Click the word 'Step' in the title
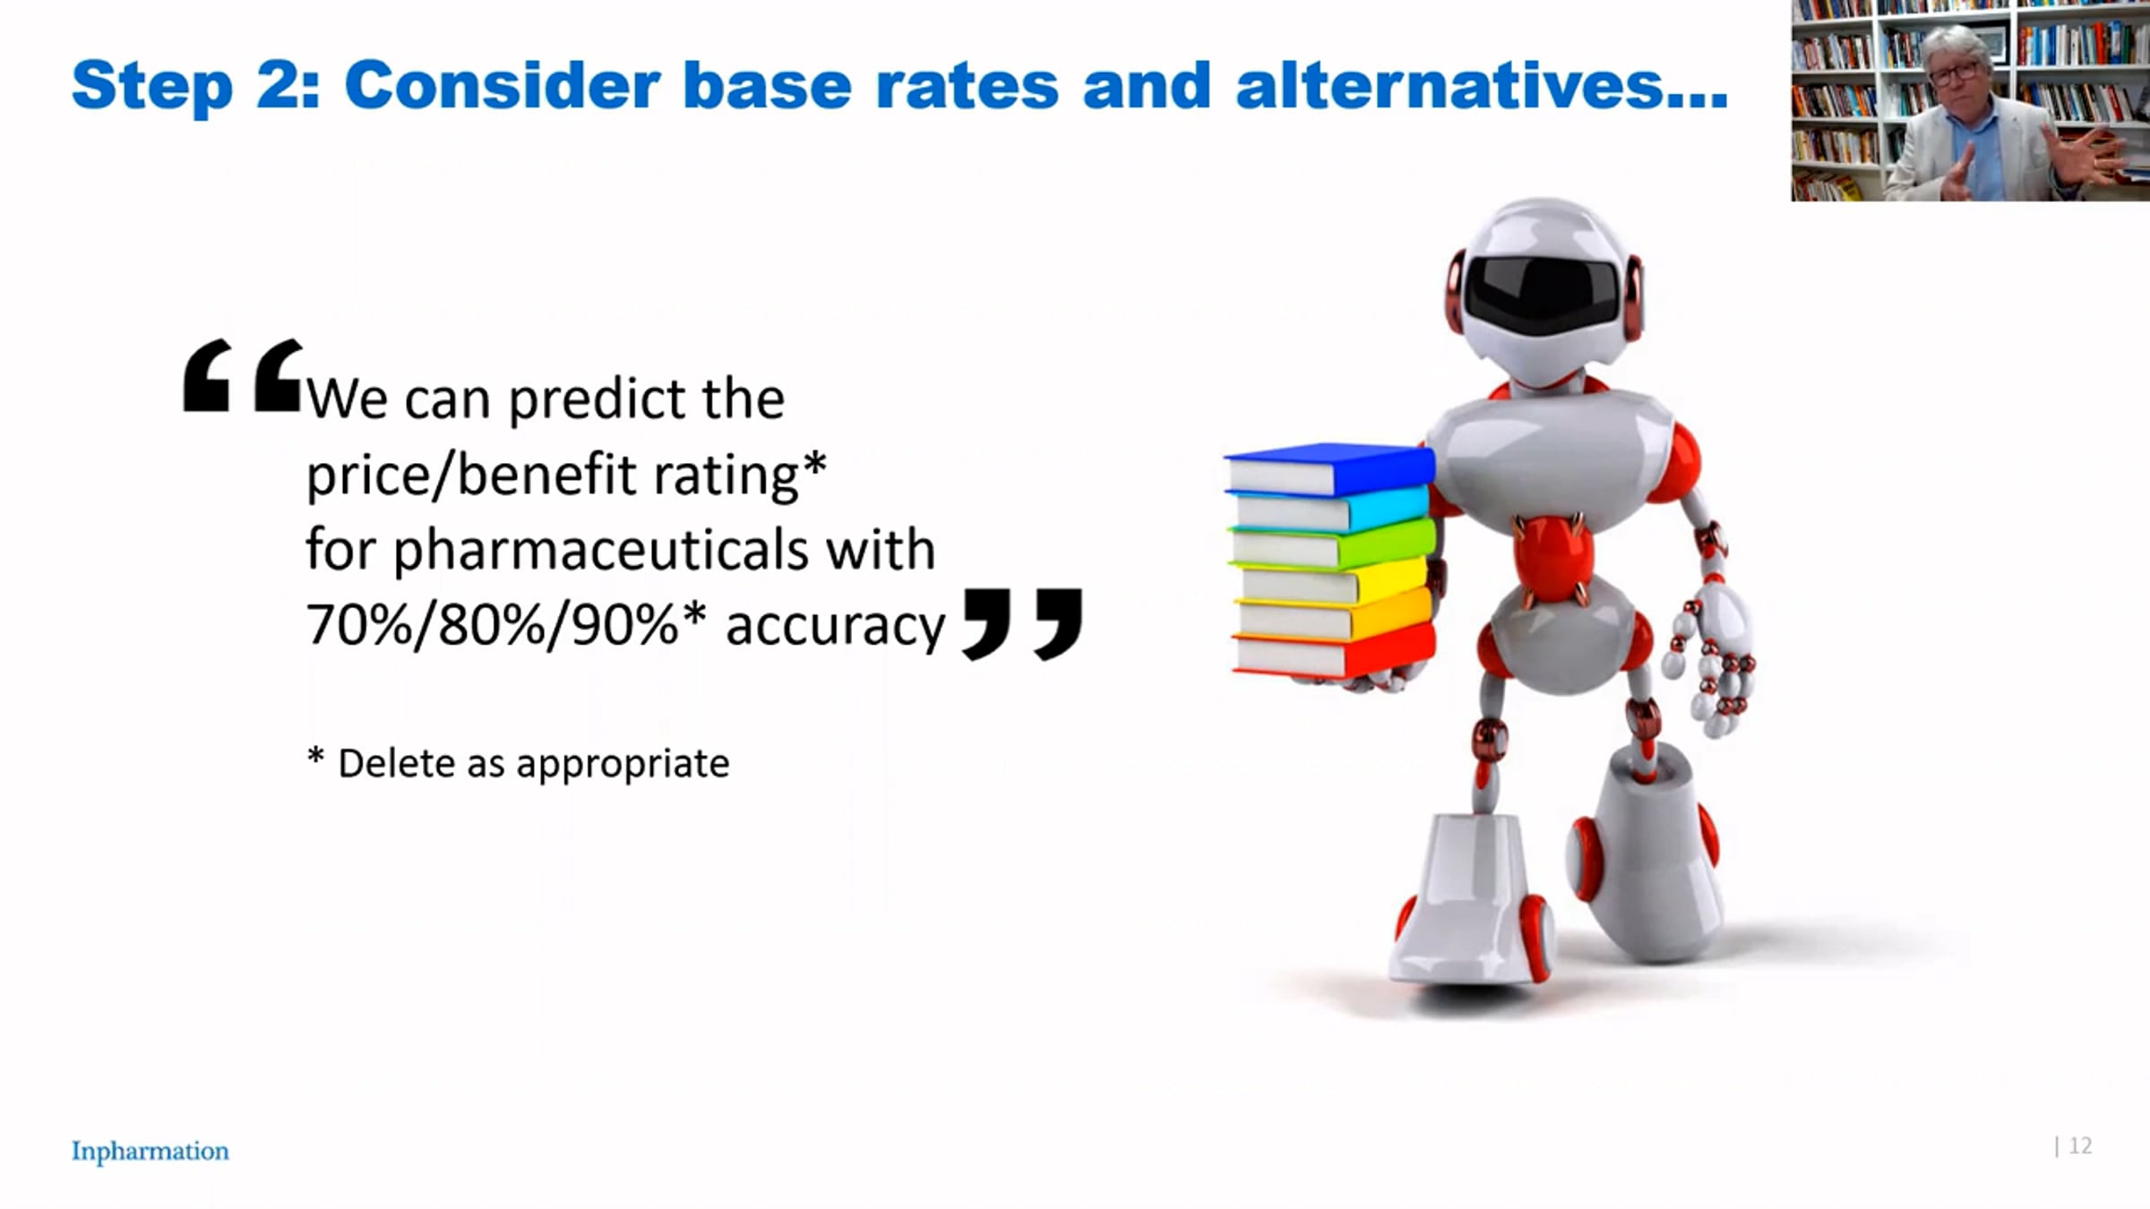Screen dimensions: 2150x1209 point(152,87)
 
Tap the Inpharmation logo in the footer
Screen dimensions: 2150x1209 point(150,1151)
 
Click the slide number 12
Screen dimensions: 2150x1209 point(2081,1145)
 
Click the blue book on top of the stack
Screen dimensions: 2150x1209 point(1330,469)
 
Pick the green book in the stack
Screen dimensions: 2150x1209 point(1333,544)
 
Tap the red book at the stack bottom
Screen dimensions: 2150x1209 point(1334,652)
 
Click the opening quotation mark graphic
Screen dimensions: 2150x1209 point(242,375)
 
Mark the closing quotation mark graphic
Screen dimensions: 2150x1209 point(1022,623)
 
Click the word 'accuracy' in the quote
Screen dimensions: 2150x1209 point(835,625)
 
